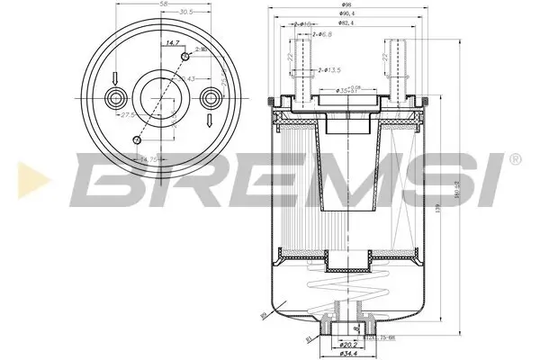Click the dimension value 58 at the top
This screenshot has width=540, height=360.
click(162, 5)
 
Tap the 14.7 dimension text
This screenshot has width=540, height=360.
click(169, 43)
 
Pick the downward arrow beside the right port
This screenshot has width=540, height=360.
click(208, 121)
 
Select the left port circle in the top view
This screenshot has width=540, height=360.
click(115, 98)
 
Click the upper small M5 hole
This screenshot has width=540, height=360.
click(184, 57)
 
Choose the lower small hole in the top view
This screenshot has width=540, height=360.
click(136, 139)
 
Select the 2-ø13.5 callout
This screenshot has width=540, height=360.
click(328, 69)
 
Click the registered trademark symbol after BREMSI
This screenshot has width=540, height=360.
click(514, 159)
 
